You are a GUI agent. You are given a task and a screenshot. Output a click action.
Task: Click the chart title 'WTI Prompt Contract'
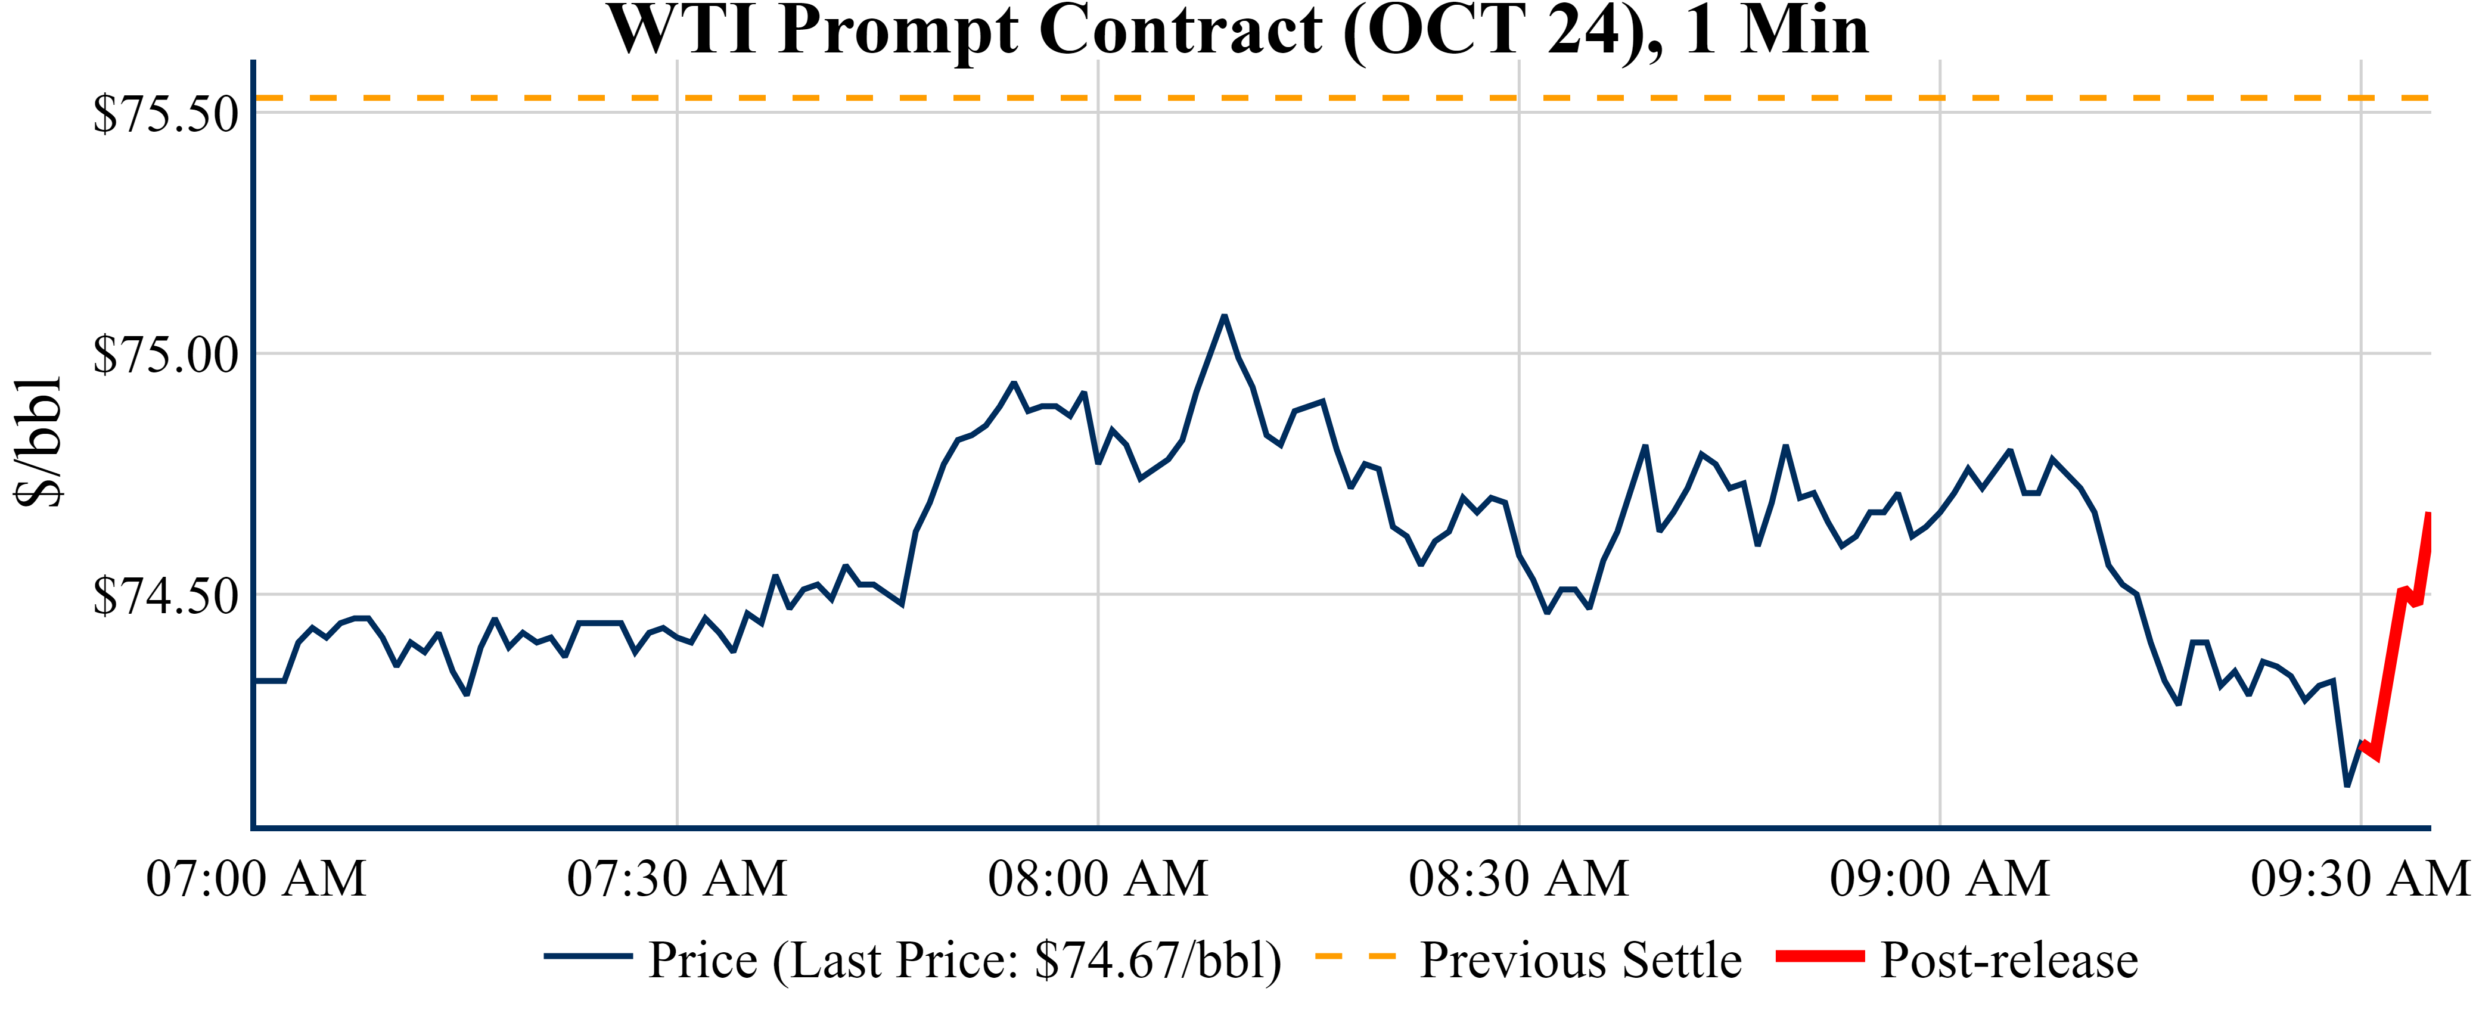[1238, 31]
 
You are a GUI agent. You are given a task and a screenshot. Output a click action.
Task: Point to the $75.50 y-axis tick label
[165, 114]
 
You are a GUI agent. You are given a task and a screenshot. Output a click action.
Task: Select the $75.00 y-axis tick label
[165, 356]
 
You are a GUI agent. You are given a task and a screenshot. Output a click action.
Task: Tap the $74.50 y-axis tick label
[165, 597]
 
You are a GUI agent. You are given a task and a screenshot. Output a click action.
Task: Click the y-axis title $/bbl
[39, 442]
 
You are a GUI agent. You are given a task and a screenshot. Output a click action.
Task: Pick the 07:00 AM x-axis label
[256, 878]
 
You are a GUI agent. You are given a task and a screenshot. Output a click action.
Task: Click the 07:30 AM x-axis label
[677, 878]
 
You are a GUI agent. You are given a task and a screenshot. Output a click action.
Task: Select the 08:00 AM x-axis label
[1098, 878]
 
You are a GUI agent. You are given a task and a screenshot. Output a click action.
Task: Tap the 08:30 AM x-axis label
[1518, 878]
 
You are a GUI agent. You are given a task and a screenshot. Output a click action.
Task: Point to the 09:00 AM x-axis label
[1940, 878]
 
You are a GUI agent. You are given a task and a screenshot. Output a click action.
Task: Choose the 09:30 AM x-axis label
[2360, 878]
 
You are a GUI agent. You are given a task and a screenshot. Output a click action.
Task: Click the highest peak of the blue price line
[1223, 316]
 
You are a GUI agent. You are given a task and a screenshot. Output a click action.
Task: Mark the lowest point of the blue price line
[2347, 785]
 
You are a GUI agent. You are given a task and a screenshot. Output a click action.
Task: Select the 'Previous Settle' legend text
[1580, 960]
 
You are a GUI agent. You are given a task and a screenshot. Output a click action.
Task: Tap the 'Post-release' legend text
[2009, 960]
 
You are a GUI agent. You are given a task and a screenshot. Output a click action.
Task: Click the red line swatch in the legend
[1819, 956]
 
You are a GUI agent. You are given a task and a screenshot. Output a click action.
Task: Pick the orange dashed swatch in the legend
[1355, 956]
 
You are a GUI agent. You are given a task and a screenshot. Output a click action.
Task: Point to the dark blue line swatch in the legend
[588, 956]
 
